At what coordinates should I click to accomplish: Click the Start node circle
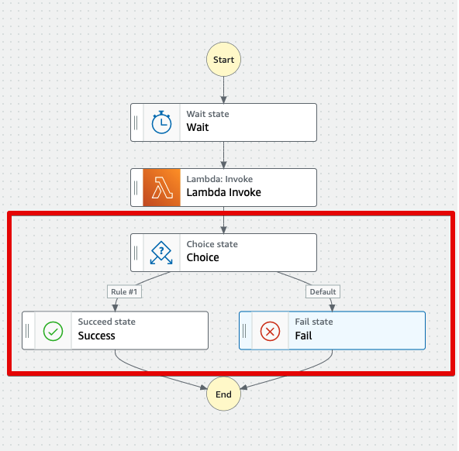pos(223,59)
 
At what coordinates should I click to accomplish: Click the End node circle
pos(223,394)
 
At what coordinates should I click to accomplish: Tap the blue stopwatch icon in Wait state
pos(161,122)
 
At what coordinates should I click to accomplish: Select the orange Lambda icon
pos(161,187)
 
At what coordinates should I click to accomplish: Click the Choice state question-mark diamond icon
pos(161,252)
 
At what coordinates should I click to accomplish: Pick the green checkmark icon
pos(53,331)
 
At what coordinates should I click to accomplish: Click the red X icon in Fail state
pos(270,331)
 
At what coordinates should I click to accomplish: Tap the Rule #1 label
pos(123,292)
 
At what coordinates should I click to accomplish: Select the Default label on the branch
pos(323,292)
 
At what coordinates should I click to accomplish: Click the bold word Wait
pos(198,128)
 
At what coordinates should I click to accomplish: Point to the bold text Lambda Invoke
pos(223,193)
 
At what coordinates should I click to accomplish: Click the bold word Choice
pos(202,258)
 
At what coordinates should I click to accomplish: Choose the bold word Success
pos(96,336)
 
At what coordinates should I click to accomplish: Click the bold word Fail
pos(304,336)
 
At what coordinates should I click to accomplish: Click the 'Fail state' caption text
pos(314,322)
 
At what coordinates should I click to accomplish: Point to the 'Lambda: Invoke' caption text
pos(219,179)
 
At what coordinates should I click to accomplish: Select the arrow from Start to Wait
pos(223,88)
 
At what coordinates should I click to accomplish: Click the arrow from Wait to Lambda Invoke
pos(223,155)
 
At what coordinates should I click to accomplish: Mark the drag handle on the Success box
pos(28,331)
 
